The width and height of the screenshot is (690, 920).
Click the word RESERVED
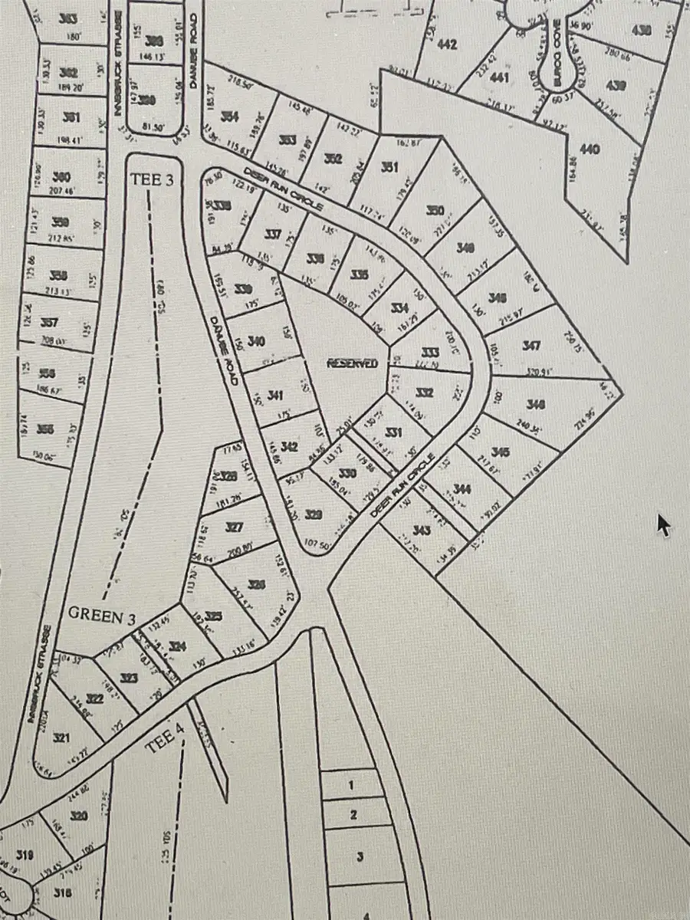click(353, 363)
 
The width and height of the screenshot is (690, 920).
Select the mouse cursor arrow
click(663, 525)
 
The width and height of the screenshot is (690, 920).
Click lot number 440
click(590, 149)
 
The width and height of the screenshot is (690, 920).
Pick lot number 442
click(446, 44)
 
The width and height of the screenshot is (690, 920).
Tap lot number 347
click(531, 346)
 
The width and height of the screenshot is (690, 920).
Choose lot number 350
click(435, 211)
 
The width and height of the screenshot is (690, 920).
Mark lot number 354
click(229, 116)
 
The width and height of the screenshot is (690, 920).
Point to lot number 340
click(257, 340)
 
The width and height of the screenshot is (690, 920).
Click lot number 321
click(62, 738)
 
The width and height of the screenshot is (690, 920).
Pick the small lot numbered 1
click(351, 785)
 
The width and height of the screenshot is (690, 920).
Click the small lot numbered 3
click(359, 855)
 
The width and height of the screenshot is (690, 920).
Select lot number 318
click(64, 892)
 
